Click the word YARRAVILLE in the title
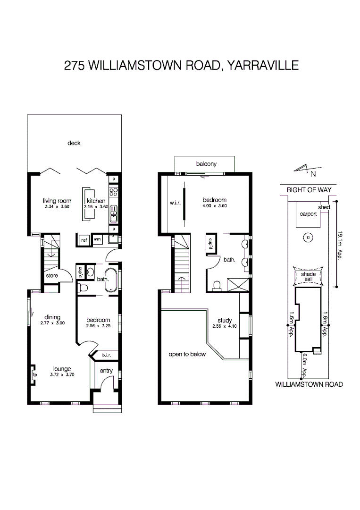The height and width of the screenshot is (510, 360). pyautogui.click(x=263, y=66)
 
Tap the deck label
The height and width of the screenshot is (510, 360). pyautogui.click(x=74, y=143)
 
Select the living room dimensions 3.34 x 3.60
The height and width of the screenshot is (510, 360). pyautogui.click(x=57, y=207)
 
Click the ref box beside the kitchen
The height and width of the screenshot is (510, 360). pyautogui.click(x=84, y=240)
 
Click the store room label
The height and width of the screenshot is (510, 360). pyautogui.click(x=52, y=275)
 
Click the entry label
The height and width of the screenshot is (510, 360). pyautogui.click(x=106, y=371)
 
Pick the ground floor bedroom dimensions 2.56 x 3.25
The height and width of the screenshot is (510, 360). pyautogui.click(x=98, y=326)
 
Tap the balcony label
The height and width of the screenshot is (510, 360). pyautogui.click(x=206, y=164)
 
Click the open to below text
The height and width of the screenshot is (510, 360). pyautogui.click(x=187, y=354)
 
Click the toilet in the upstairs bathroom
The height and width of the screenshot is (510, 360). pyautogui.click(x=218, y=286)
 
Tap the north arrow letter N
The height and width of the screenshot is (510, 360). pyautogui.click(x=314, y=175)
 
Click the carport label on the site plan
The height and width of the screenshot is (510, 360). pyautogui.click(x=309, y=214)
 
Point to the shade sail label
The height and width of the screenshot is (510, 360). pyautogui.click(x=308, y=277)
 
